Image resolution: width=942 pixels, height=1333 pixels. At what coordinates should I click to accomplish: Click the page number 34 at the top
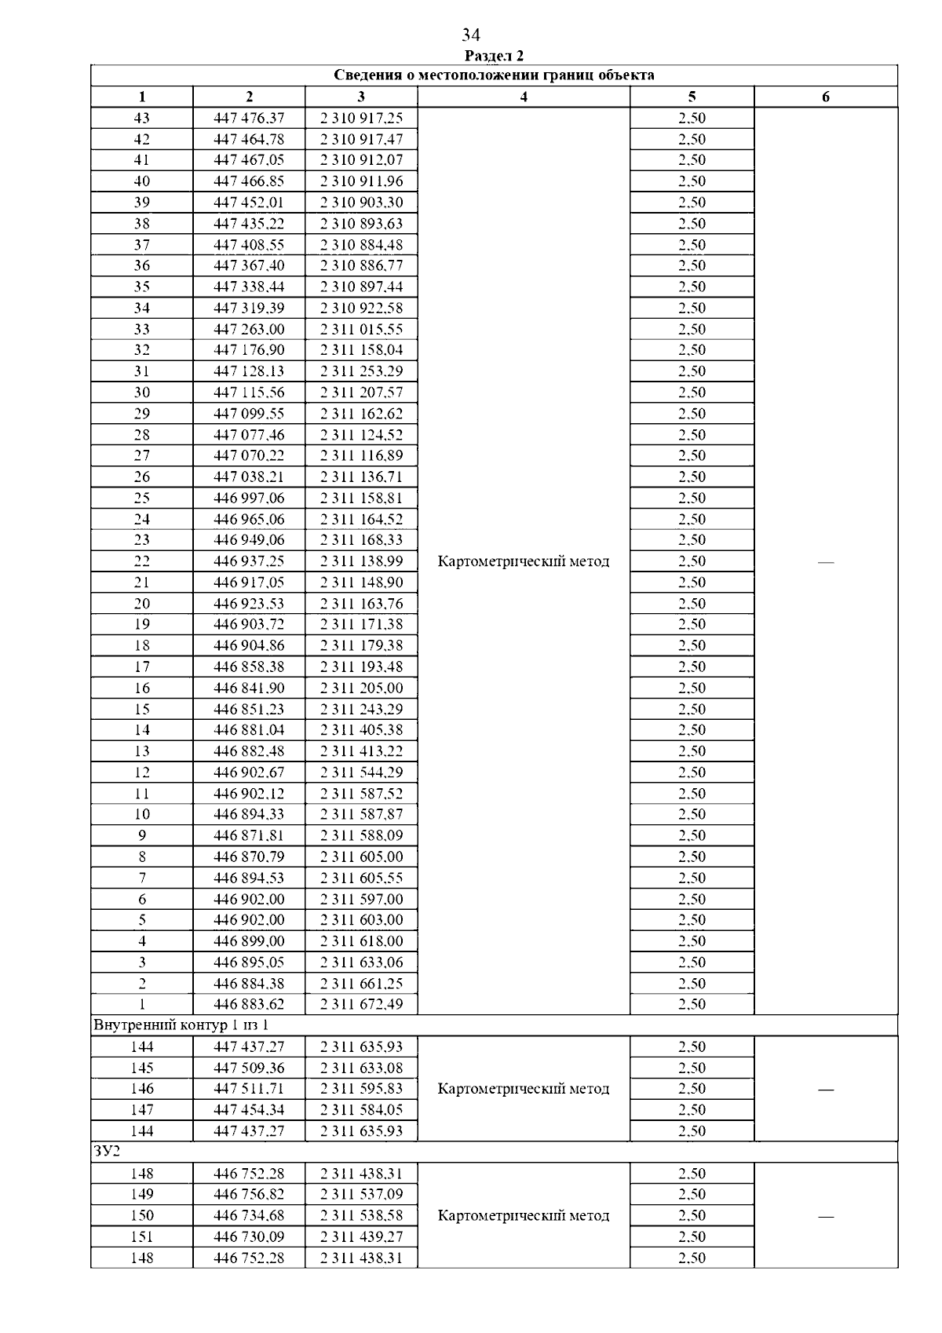click(x=471, y=35)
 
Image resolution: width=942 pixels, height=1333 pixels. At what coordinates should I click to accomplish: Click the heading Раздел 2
click(x=494, y=56)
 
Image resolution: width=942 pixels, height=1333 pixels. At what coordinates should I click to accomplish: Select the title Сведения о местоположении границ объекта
click(x=494, y=75)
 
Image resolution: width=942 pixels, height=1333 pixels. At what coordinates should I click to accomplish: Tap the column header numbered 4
click(x=524, y=97)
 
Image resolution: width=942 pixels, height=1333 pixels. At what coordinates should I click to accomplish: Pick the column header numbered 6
click(x=825, y=97)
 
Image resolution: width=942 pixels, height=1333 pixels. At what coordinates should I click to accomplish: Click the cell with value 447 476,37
click(x=249, y=118)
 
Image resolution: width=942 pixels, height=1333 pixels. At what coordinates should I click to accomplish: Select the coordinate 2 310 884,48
click(x=361, y=244)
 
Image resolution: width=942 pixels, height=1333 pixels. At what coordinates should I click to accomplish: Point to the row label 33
click(x=142, y=329)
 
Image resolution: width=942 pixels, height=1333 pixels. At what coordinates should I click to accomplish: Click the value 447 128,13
click(x=249, y=371)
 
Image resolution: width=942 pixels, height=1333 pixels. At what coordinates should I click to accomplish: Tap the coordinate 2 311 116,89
click(x=361, y=455)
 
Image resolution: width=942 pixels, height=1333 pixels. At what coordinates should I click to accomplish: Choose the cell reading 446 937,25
click(x=249, y=561)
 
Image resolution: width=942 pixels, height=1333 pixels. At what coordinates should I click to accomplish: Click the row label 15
click(x=142, y=709)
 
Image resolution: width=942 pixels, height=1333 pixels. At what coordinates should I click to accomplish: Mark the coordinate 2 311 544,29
click(x=361, y=772)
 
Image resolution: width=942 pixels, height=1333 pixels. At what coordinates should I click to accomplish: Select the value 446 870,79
click(x=249, y=856)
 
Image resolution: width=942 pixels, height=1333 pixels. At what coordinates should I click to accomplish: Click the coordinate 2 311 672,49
click(x=361, y=1004)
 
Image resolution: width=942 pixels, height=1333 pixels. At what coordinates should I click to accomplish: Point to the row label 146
click(x=142, y=1088)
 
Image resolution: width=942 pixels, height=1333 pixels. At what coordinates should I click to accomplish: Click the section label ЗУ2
click(x=104, y=1152)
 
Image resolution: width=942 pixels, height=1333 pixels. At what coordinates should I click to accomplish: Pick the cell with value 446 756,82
click(x=249, y=1194)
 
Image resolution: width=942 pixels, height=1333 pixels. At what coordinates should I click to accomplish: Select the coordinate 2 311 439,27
click(x=361, y=1236)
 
